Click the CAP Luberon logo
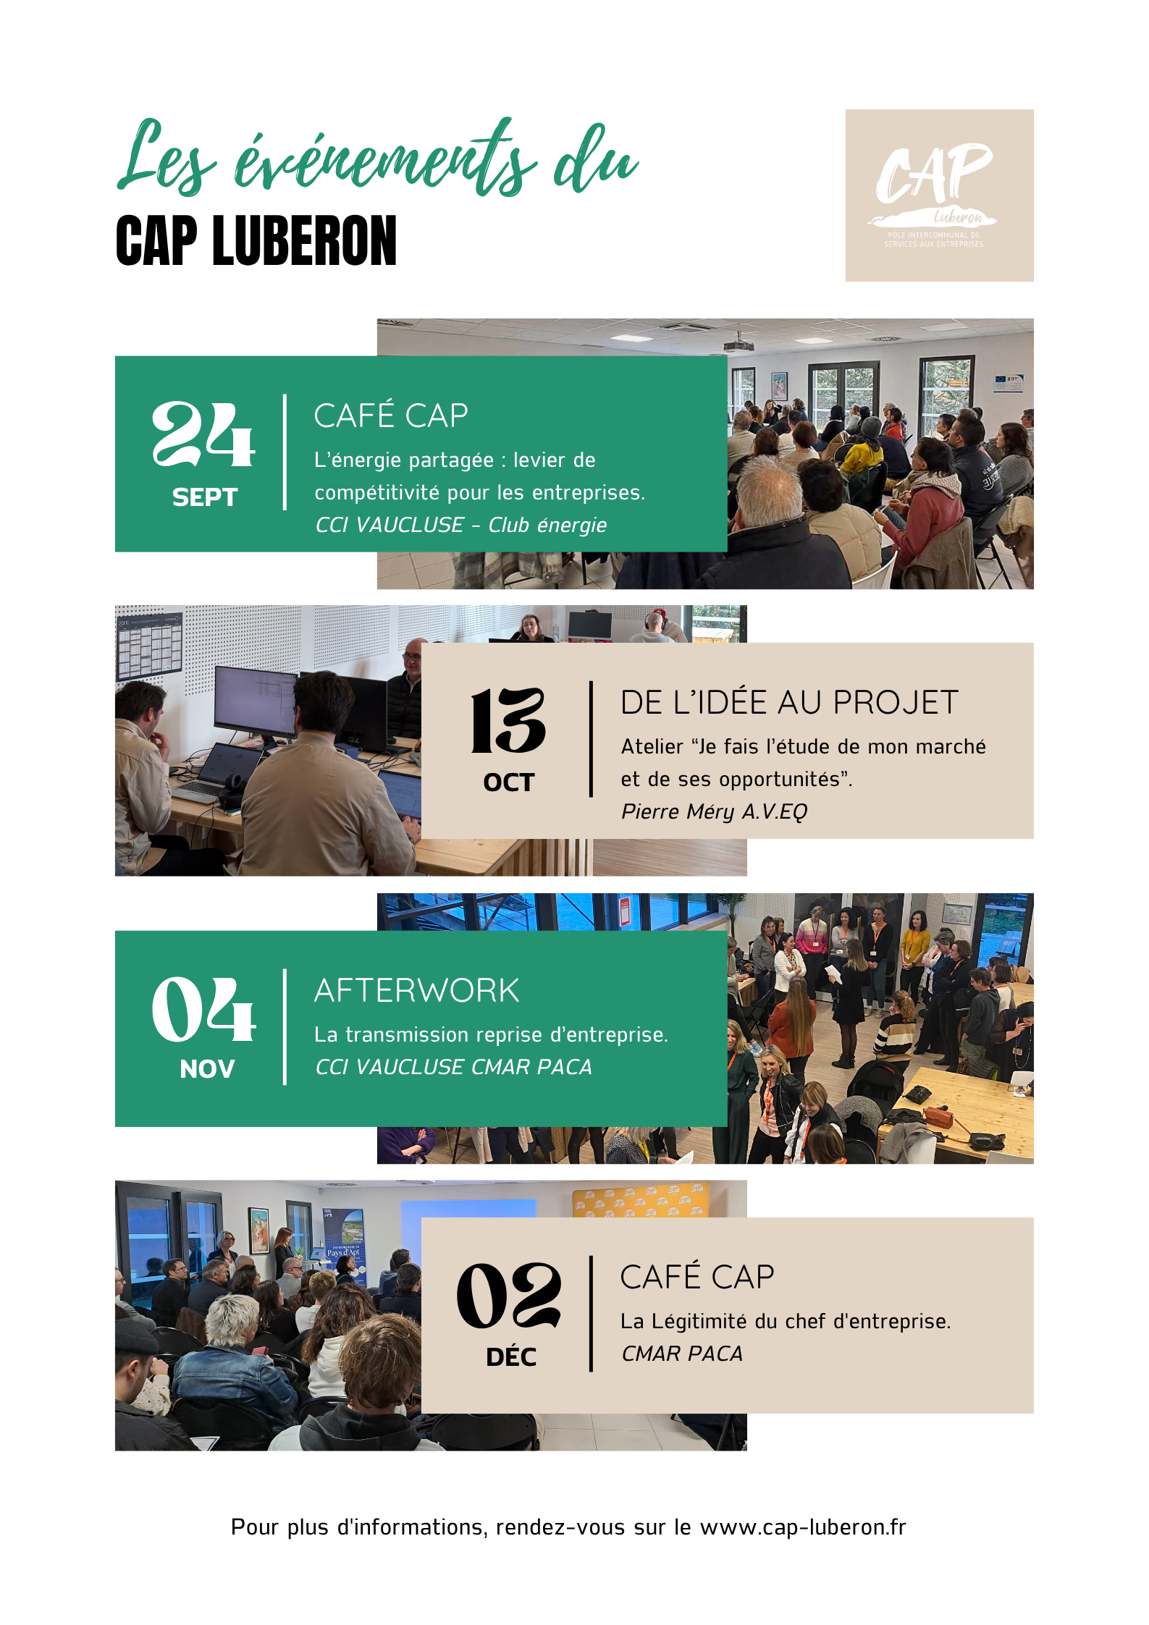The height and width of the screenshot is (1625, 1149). [939, 195]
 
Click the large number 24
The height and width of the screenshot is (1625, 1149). [203, 434]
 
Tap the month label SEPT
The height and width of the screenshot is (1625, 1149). [205, 497]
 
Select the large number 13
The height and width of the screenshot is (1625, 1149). [508, 720]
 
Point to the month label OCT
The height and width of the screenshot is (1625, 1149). [509, 782]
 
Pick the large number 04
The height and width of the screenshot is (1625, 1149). [203, 1009]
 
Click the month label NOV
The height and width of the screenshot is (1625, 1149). [207, 1069]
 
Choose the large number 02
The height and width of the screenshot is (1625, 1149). [509, 1296]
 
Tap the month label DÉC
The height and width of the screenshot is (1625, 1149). [511, 1356]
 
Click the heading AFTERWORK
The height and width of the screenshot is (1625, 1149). [417, 990]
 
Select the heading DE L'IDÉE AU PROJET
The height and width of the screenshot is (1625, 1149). [789, 702]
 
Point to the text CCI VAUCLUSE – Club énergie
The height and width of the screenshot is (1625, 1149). [461, 525]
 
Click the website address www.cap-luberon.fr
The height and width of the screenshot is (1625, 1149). [803, 1527]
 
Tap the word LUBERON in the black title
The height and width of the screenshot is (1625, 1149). [305, 240]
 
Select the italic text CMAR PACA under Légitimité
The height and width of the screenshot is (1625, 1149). [682, 1354]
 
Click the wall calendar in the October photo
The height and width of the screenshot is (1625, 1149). [149, 646]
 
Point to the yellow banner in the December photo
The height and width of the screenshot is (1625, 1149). [640, 1202]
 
